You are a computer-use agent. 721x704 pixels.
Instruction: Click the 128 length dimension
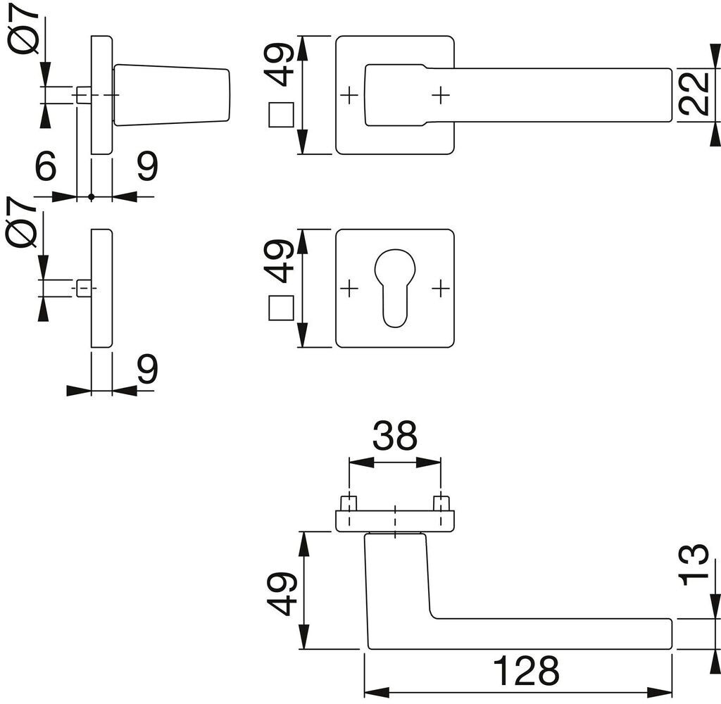pos(526,670)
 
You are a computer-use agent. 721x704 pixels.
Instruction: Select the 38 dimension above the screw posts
pos(394,436)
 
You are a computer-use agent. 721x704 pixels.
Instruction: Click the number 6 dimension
pos(46,165)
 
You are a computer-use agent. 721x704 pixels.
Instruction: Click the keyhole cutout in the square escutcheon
pos(394,288)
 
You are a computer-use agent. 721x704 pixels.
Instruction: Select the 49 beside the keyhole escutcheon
pos(280,260)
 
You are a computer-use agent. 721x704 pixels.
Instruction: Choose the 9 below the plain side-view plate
pos(147,369)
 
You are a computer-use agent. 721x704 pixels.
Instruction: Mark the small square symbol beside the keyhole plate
pos(281,308)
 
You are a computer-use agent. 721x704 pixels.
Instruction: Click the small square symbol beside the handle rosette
pos(281,115)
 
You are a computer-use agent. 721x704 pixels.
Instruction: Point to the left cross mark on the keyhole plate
pos(349,289)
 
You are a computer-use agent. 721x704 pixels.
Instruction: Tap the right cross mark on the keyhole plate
pos(441,289)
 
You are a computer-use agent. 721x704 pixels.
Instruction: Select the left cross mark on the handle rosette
pos(349,95)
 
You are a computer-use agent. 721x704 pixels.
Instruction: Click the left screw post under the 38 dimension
pos(349,503)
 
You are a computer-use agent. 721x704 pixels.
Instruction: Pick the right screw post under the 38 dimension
pos(441,503)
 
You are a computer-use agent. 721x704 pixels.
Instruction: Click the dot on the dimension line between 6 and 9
pos(91,197)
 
